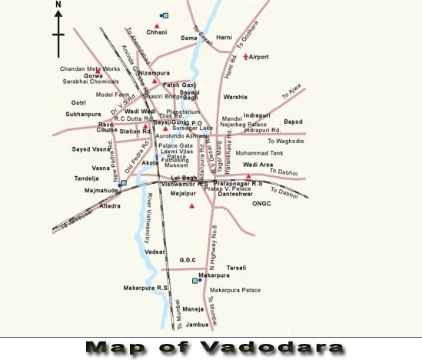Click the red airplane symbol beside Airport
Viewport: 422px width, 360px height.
click(245, 57)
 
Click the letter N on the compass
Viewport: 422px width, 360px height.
click(58, 5)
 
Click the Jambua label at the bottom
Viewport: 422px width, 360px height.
click(198, 324)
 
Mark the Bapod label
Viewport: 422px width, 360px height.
click(293, 122)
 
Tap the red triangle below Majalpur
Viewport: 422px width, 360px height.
click(192, 206)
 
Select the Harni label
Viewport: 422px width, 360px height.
click(224, 36)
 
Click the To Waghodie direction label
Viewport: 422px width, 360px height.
click(286, 141)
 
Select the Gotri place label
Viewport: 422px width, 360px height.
click(78, 102)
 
